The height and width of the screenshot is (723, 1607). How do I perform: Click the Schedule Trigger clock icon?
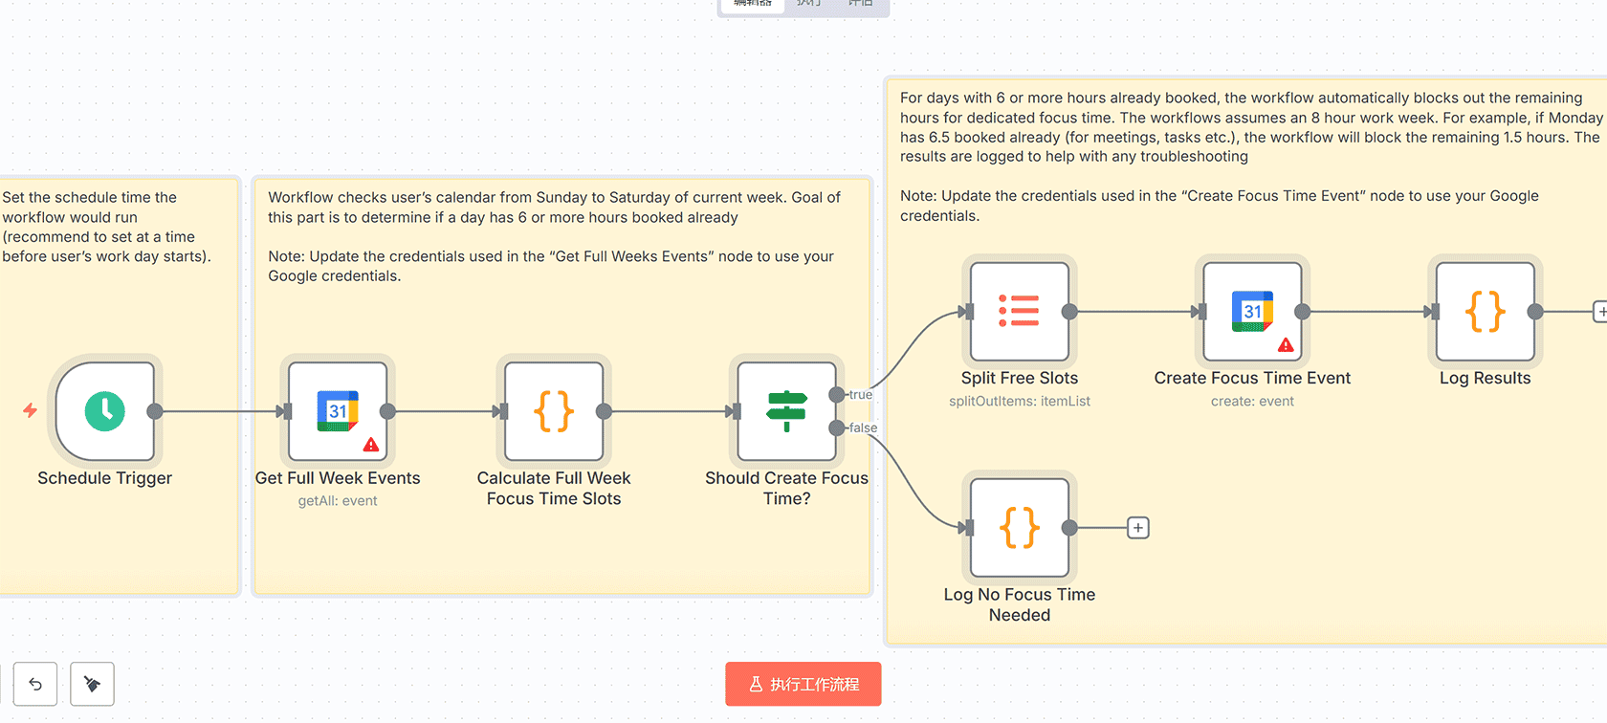coord(105,411)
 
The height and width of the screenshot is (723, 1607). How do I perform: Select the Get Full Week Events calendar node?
coord(338,411)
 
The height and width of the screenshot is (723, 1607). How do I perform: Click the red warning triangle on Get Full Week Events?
coord(371,445)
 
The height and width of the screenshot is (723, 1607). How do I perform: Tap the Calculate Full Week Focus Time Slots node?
coord(554,411)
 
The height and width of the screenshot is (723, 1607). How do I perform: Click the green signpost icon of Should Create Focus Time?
coord(786,411)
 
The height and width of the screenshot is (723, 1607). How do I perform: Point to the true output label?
coord(860,395)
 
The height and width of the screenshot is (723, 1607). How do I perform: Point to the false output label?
coord(863,428)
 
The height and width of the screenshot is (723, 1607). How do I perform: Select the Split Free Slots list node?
coord(1020,312)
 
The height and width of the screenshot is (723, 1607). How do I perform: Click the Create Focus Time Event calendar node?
coord(1252,312)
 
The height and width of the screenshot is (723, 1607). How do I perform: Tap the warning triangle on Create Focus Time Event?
coord(1286,345)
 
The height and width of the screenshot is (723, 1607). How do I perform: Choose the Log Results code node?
coord(1485,312)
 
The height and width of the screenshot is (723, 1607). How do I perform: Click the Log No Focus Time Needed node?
coord(1020,528)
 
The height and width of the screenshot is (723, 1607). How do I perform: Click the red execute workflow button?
coord(803,684)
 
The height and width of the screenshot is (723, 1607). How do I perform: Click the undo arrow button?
coord(35,684)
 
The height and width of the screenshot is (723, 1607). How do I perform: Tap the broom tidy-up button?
coord(92,684)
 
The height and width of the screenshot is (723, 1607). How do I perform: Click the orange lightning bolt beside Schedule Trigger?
coord(31,410)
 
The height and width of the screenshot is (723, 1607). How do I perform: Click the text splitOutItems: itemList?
coord(1020,402)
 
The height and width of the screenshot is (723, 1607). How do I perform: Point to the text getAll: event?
coord(338,501)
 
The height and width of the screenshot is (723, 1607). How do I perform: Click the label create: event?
coord(1252,402)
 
